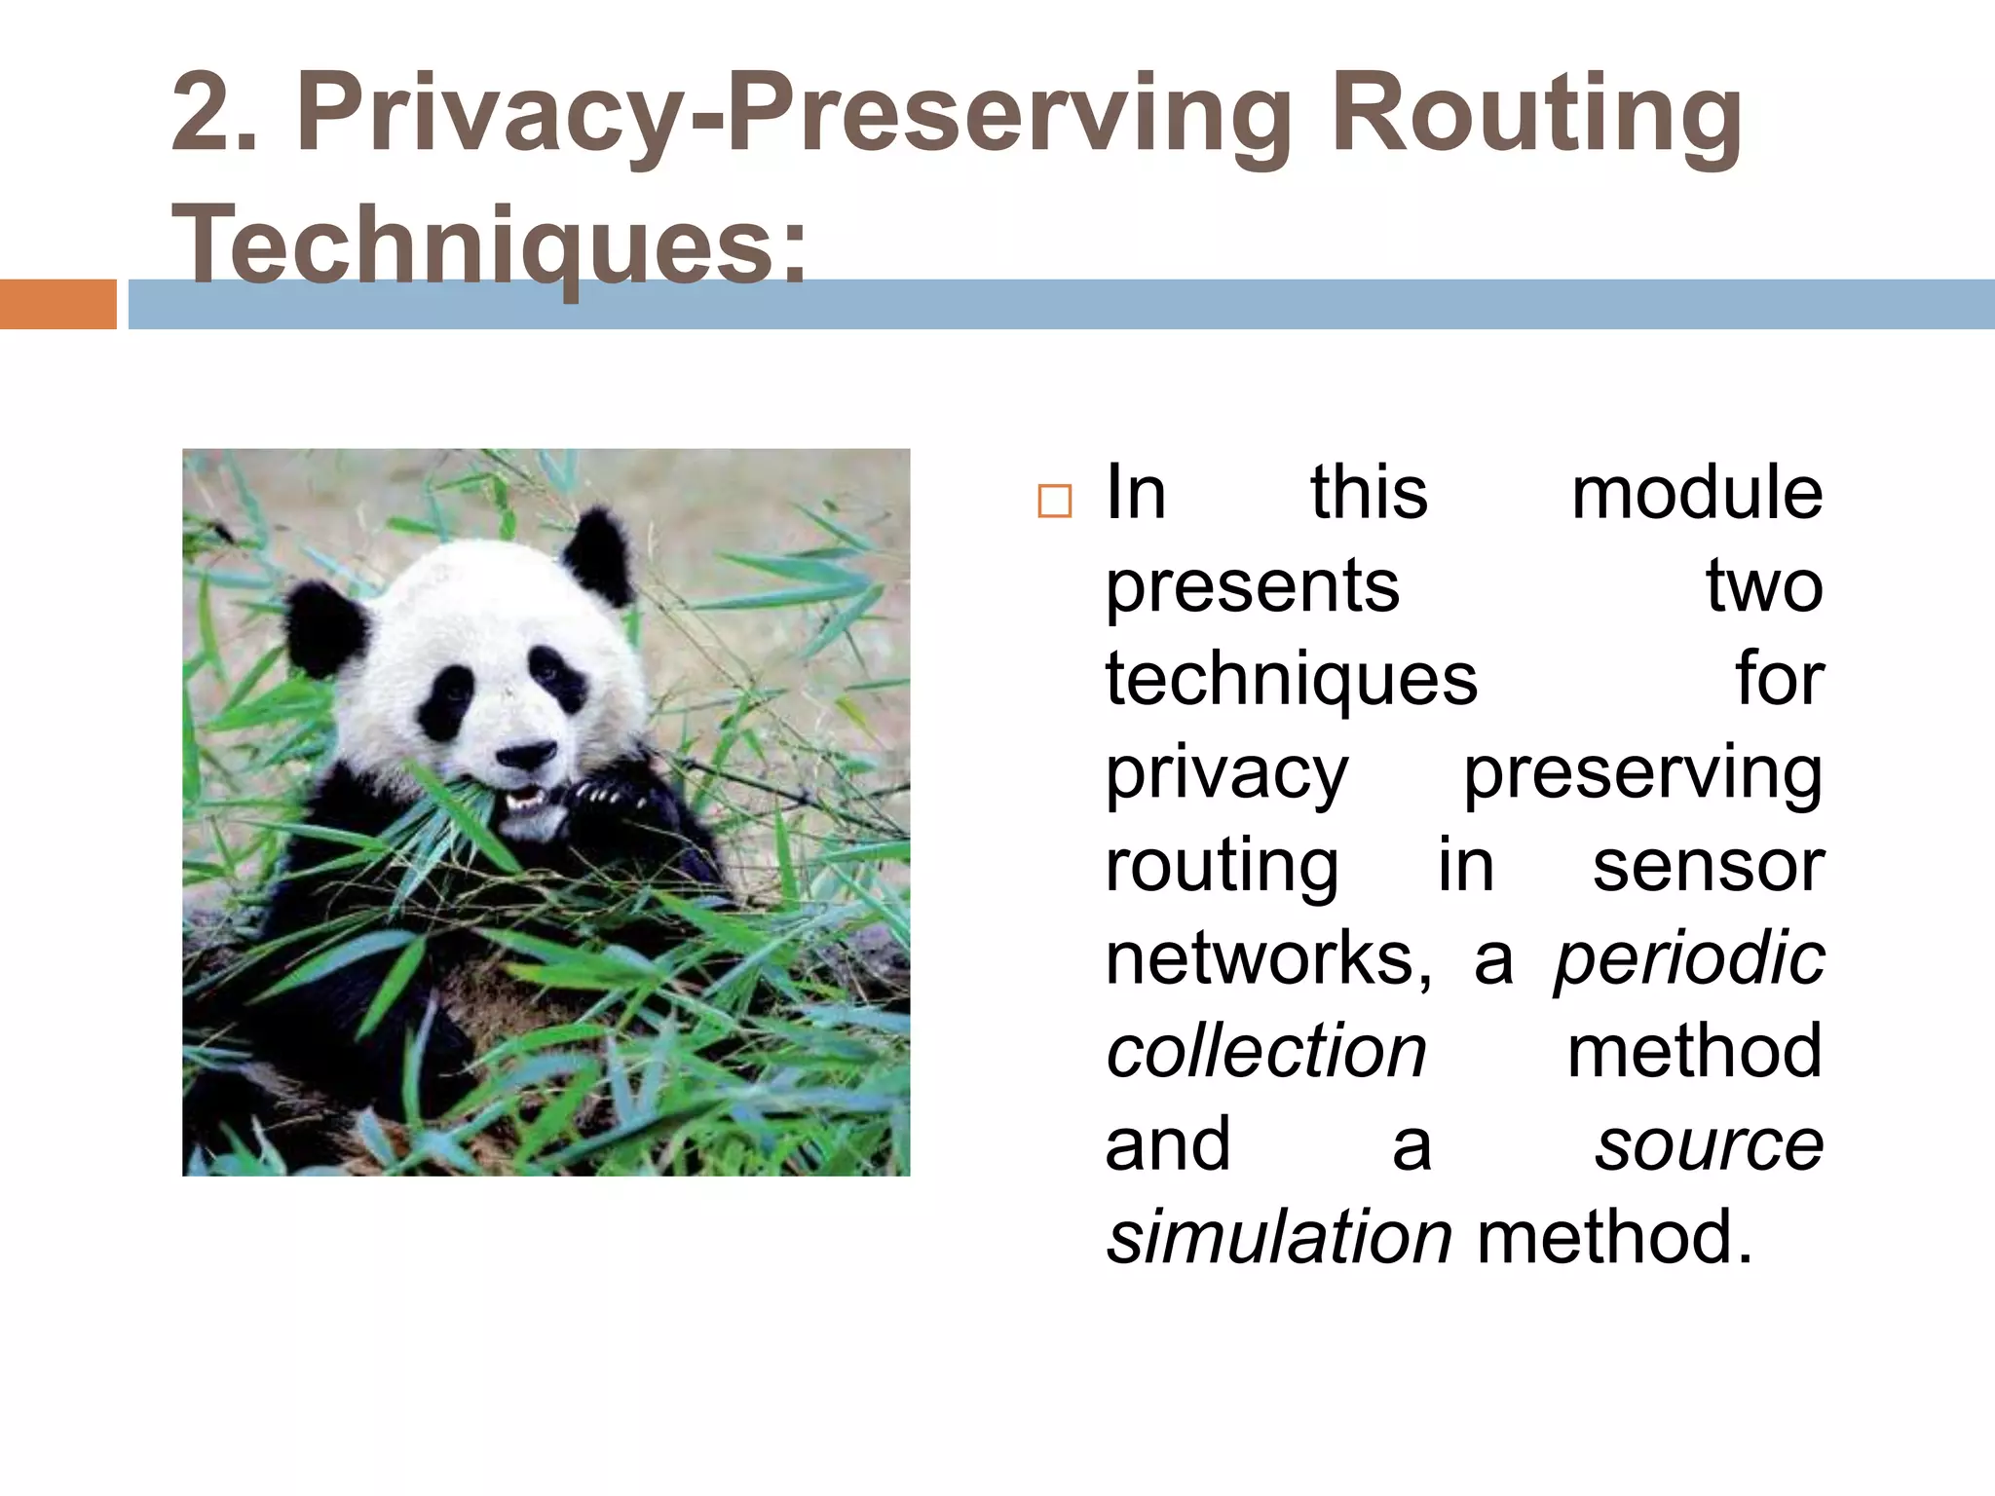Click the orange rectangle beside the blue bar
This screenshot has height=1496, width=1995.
coord(57,304)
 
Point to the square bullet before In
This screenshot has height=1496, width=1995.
coord(1054,501)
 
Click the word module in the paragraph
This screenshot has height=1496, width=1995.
coord(1696,493)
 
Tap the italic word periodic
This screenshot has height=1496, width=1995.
coord(1688,958)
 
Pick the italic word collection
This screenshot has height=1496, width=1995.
coord(1265,1052)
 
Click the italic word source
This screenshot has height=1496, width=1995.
coord(1709,1144)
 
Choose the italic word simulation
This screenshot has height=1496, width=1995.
coord(1279,1238)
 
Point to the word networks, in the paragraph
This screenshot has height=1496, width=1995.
coord(1268,958)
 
